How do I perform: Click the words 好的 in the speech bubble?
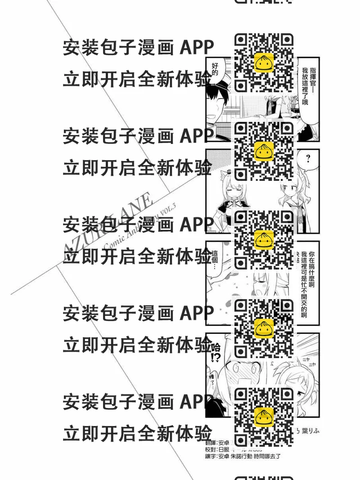215,70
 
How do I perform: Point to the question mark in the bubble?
308,158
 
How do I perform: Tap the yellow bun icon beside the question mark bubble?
264,151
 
